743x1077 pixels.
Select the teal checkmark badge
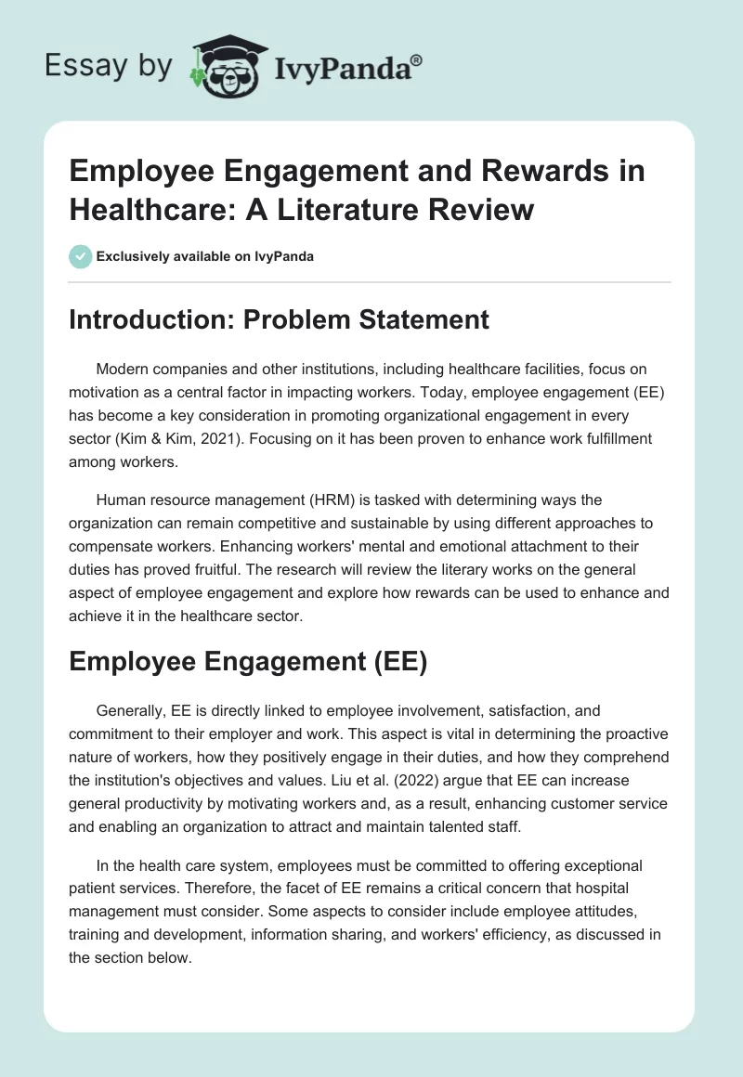click(x=81, y=257)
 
